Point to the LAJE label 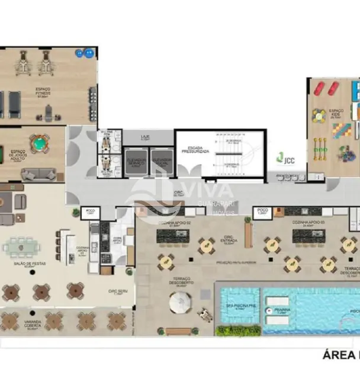click(144, 136)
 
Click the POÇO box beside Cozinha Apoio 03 click(261, 212)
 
